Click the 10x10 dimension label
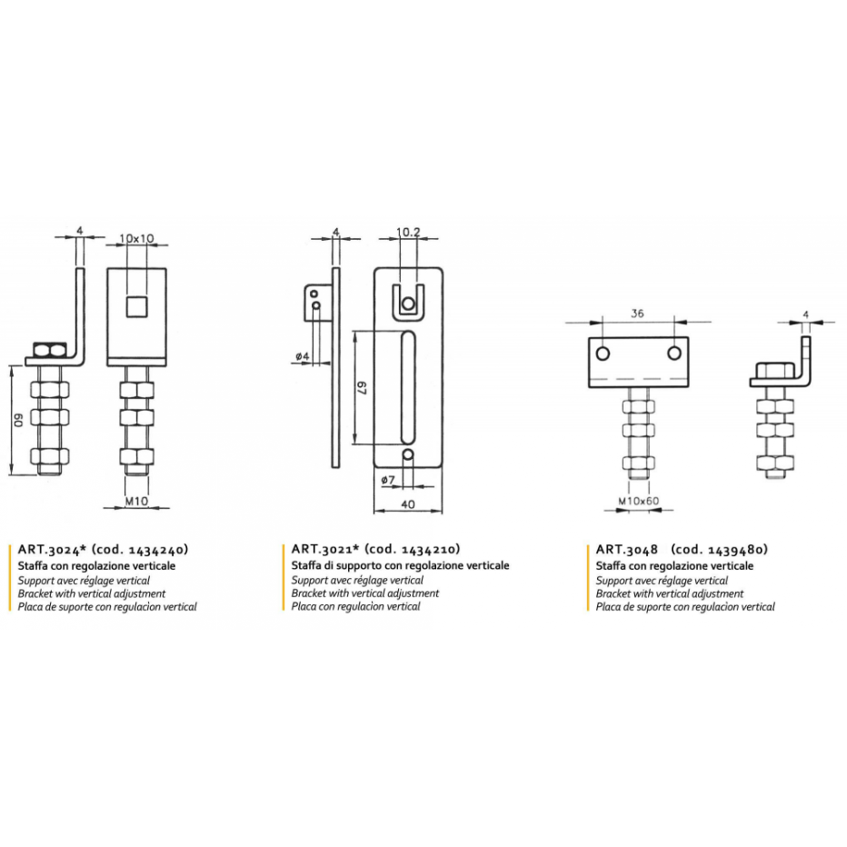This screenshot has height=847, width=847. (136, 238)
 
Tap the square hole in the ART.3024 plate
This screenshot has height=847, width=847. (136, 306)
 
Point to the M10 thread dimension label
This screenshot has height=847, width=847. (136, 502)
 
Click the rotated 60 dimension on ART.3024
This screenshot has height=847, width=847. (18, 420)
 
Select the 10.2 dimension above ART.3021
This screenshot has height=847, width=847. (408, 232)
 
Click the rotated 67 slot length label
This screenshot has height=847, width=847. (363, 388)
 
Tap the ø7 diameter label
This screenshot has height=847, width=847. (388, 480)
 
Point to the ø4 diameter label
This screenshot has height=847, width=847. (303, 356)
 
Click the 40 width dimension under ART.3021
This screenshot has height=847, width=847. (408, 504)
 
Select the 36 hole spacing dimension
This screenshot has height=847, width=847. (637, 314)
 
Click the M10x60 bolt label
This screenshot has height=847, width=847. (639, 501)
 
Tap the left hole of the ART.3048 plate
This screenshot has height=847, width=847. (603, 354)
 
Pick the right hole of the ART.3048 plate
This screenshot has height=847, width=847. (674, 354)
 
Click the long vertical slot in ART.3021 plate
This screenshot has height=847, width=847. (408, 387)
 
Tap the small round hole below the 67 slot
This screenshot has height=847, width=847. (408, 454)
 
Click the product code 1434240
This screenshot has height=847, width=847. (156, 549)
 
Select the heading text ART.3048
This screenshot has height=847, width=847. (626, 549)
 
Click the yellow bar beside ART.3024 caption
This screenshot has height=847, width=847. (10, 578)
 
